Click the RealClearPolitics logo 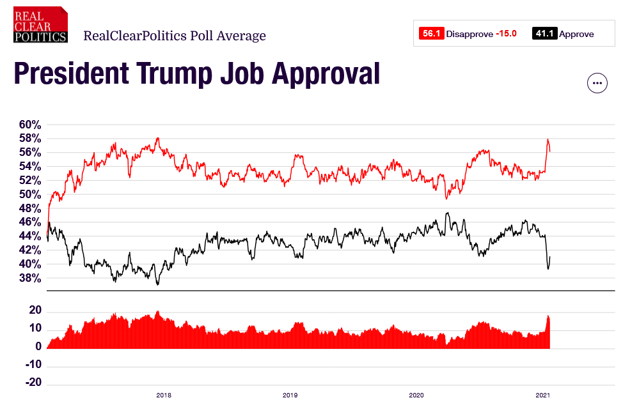(x=40, y=25)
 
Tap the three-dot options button (x=597, y=83)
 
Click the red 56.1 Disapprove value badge (x=430, y=34)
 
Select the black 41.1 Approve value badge (x=545, y=34)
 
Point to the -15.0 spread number (x=506, y=34)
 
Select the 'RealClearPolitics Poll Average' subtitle (x=175, y=36)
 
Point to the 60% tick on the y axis (x=29, y=124)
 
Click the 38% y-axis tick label (x=29, y=279)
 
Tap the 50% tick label (x=29, y=194)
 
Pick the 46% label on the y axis (x=29, y=222)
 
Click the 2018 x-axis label (x=164, y=395)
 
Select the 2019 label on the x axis (x=290, y=395)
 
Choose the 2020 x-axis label (x=416, y=395)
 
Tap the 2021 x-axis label (x=542, y=395)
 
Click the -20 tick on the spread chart (x=33, y=383)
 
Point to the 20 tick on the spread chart (x=35, y=311)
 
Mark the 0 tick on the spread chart (x=38, y=347)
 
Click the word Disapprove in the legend (x=469, y=34)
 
